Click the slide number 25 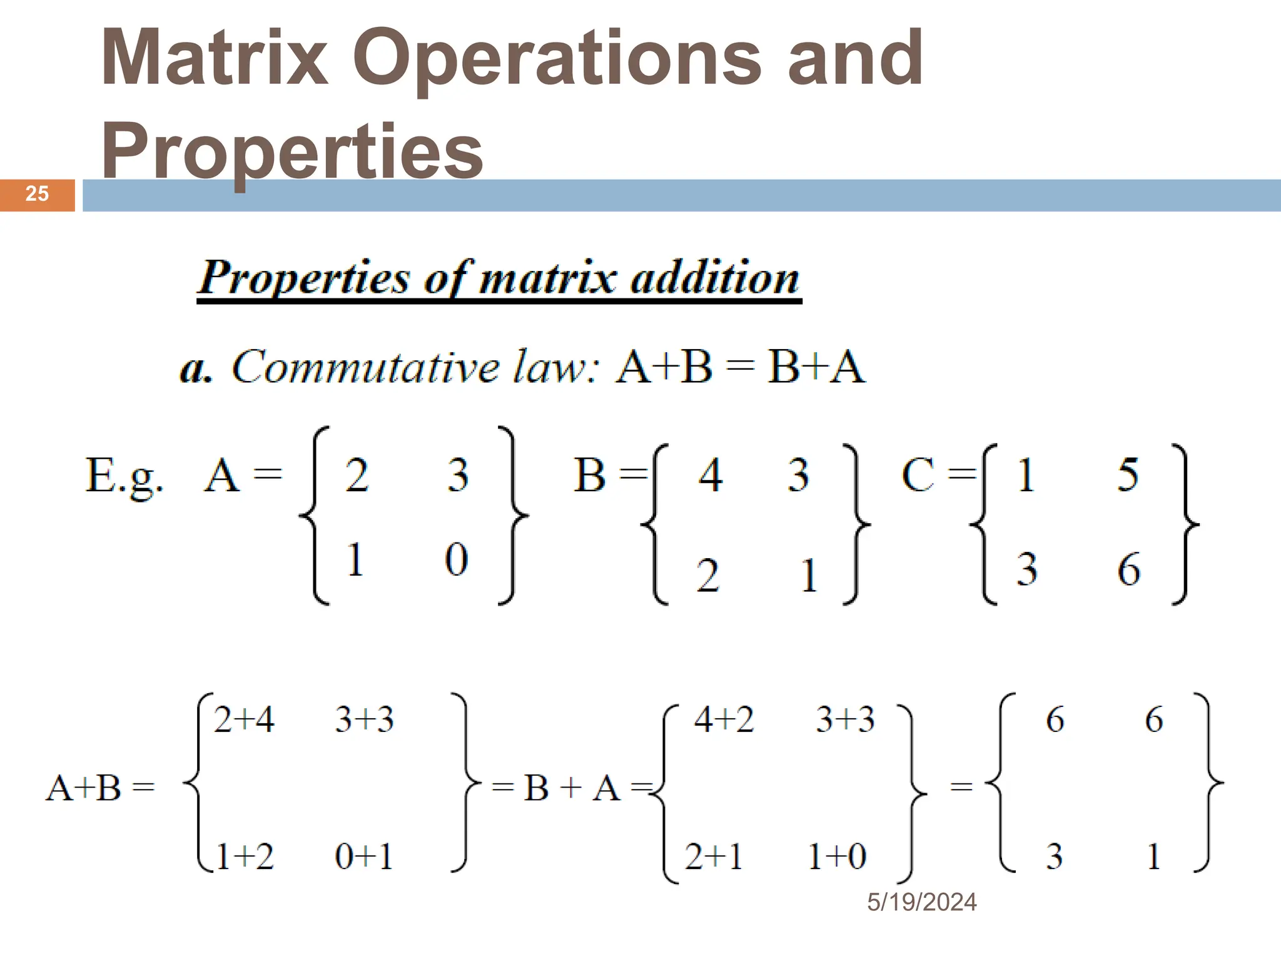[x=37, y=194]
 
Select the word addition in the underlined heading [x=715, y=277]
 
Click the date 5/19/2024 [x=921, y=902]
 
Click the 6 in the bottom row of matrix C [x=1129, y=569]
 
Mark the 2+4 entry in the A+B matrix [x=244, y=719]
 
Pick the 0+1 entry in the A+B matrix [x=364, y=856]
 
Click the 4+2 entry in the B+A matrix [x=724, y=719]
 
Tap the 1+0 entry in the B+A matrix [x=837, y=856]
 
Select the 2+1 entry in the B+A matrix [x=714, y=856]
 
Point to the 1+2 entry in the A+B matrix [x=245, y=856]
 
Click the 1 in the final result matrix [x=1154, y=856]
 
